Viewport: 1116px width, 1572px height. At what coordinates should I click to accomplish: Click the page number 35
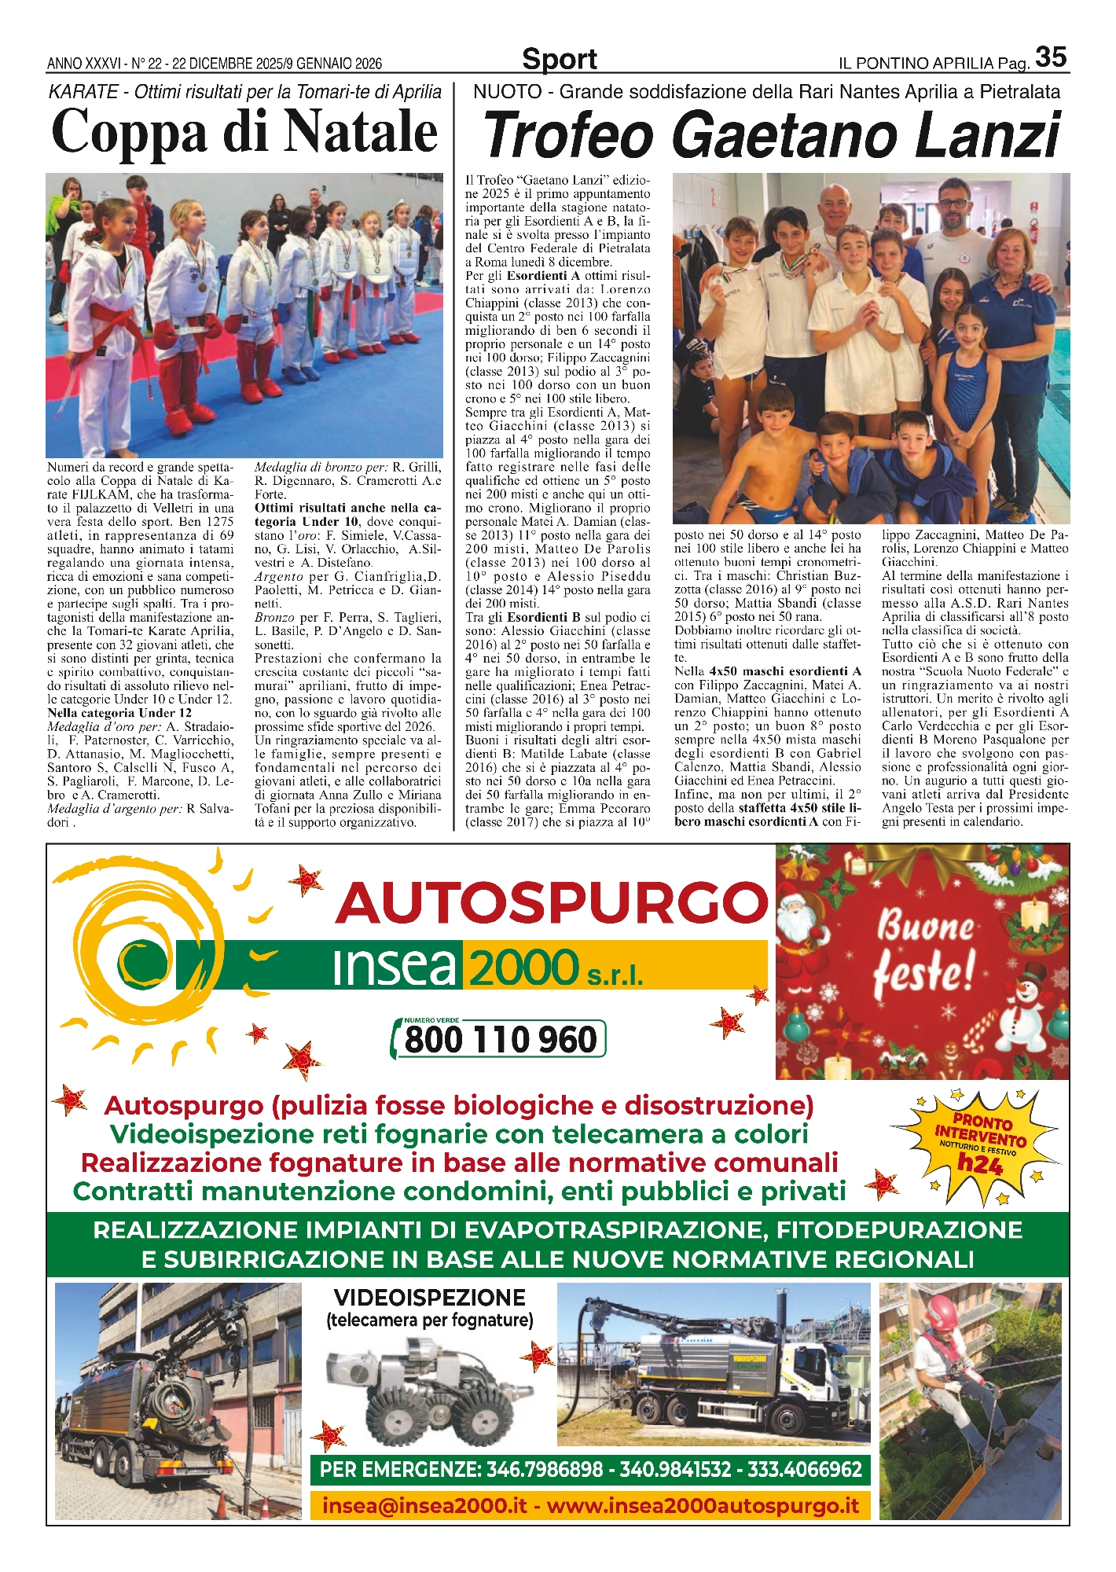[x=1051, y=57]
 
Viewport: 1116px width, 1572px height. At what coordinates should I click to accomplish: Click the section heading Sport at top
[x=559, y=59]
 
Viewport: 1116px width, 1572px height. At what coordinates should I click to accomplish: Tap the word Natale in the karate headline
[x=361, y=131]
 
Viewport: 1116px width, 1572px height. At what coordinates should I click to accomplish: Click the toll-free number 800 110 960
[x=501, y=1039]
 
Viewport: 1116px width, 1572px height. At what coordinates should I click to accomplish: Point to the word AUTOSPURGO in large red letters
[x=551, y=903]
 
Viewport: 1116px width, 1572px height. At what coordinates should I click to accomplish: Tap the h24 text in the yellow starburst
[x=979, y=1162]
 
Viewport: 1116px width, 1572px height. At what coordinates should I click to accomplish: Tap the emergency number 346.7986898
[x=545, y=1469]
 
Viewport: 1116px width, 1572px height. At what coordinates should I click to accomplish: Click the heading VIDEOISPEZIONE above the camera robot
[x=429, y=1297]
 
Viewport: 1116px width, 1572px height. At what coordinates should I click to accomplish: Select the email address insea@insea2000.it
[x=424, y=1506]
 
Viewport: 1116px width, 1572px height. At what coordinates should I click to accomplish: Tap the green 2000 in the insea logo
[x=523, y=966]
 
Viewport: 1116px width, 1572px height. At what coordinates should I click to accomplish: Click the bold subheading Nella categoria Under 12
[x=119, y=713]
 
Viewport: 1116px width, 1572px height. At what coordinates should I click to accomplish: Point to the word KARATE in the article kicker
[x=83, y=92]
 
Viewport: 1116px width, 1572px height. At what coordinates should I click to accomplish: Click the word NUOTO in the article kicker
[x=507, y=92]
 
